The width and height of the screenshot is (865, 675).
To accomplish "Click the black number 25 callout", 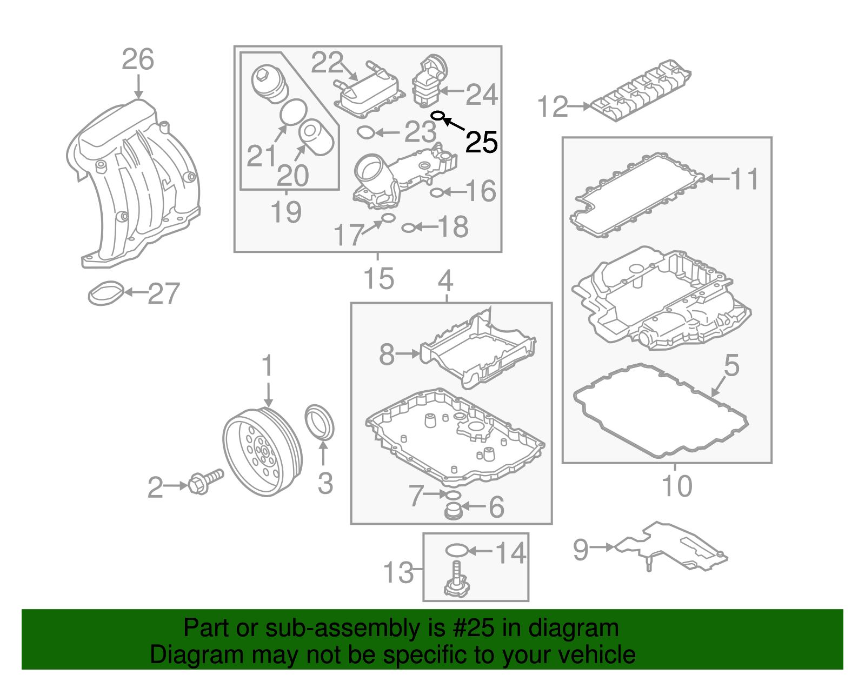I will click(481, 143).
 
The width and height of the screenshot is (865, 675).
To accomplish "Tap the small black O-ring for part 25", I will click(438, 116).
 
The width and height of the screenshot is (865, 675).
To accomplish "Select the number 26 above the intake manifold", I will click(138, 59).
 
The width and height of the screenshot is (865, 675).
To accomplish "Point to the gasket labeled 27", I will click(106, 292).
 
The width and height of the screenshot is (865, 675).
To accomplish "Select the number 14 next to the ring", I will click(510, 553).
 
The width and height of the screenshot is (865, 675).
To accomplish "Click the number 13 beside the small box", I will click(398, 572).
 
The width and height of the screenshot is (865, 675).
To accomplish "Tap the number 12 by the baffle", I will click(553, 107).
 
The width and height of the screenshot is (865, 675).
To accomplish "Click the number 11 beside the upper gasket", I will click(745, 179).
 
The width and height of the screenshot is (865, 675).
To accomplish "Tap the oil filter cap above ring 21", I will click(269, 84).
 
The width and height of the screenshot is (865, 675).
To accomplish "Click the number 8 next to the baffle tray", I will click(387, 355).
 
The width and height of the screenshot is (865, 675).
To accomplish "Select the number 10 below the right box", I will click(677, 486).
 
